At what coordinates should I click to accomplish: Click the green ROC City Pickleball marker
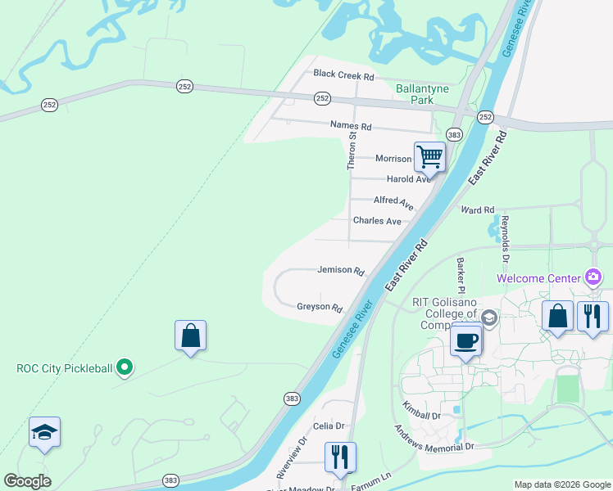tap(125, 368)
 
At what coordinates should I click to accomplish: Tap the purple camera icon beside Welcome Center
tap(593, 277)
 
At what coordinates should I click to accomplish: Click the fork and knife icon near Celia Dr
tap(340, 457)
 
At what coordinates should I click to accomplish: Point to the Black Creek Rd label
tap(343, 75)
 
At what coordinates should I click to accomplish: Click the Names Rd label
tap(351, 126)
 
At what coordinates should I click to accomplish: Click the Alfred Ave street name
tap(394, 200)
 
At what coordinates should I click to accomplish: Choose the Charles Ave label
tap(377, 221)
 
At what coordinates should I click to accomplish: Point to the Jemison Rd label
tap(340, 270)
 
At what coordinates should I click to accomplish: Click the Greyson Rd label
tap(320, 308)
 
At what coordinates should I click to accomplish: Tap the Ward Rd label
tap(478, 210)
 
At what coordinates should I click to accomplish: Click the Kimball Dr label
tap(421, 410)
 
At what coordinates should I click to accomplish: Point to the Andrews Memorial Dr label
tap(434, 438)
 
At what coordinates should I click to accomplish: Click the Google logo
tap(28, 481)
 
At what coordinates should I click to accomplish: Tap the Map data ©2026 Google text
tap(561, 484)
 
